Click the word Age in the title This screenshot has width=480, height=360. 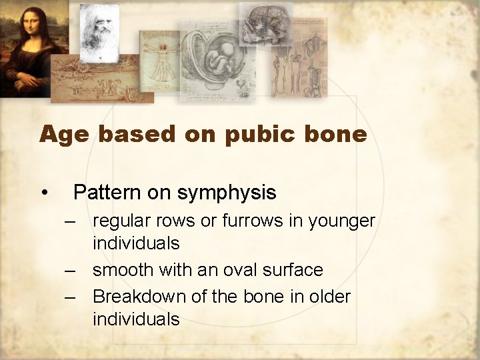(x=65, y=135)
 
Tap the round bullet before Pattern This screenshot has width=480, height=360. (x=43, y=193)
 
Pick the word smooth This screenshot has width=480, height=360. (x=123, y=270)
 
